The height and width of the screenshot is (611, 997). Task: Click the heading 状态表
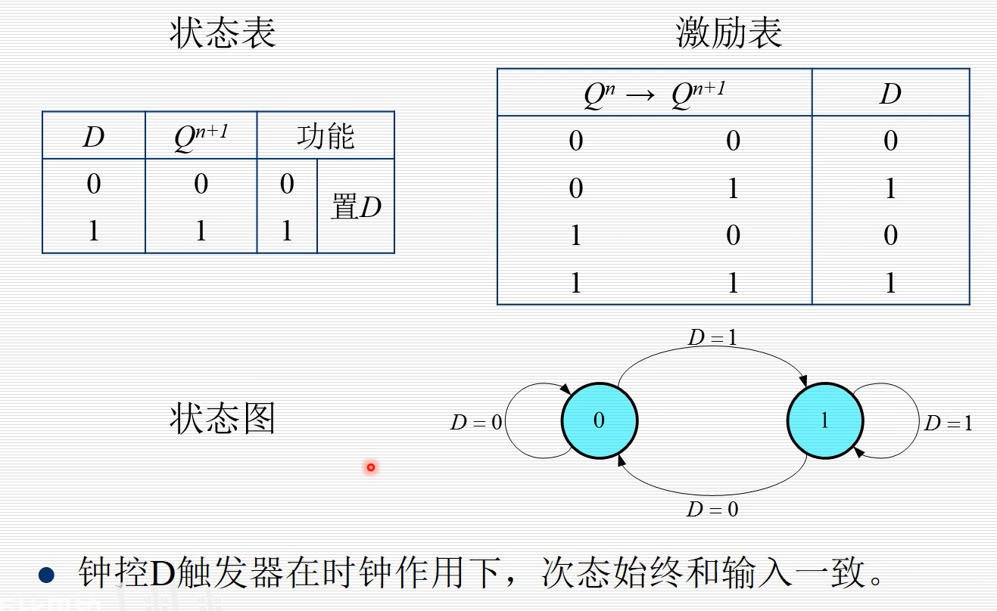tap(222, 34)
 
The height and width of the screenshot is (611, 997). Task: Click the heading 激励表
tap(728, 34)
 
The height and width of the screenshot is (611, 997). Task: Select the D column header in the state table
tap(93, 137)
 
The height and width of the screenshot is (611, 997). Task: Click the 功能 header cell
tap(326, 137)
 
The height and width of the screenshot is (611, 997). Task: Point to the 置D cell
tap(356, 206)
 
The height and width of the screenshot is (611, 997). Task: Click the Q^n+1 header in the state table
tap(201, 137)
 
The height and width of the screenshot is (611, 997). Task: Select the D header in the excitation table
tap(890, 94)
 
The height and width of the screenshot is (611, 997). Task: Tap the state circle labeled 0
tap(600, 420)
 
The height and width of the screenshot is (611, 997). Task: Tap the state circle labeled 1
tap(825, 420)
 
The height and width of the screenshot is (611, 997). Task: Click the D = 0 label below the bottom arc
tap(712, 510)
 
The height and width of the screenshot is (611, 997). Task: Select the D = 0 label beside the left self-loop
tap(476, 423)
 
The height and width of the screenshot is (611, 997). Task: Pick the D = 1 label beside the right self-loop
tap(948, 423)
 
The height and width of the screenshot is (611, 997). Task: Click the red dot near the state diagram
tap(371, 467)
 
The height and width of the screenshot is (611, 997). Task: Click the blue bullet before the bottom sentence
tap(47, 575)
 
